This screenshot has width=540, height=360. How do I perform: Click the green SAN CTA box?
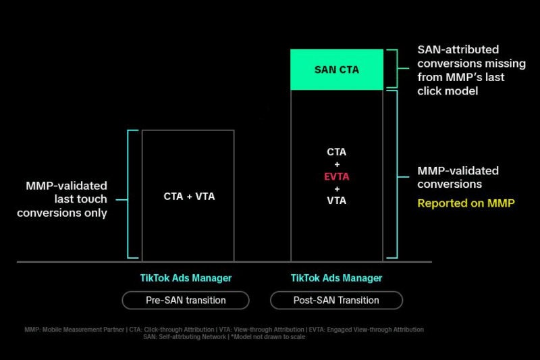coord(337,70)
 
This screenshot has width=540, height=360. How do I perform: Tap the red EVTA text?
coord(336,177)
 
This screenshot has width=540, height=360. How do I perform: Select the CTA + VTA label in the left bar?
coord(189,197)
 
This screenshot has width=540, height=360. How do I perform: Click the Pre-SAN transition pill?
coord(186,301)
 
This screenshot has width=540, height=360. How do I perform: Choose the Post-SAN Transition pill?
coord(336,301)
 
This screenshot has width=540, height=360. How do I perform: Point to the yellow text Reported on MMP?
coord(466,203)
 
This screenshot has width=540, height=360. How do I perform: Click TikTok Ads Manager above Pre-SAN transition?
coord(186,278)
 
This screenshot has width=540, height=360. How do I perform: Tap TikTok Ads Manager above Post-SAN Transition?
coord(336,278)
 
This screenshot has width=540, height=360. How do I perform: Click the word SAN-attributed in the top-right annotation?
coord(458,49)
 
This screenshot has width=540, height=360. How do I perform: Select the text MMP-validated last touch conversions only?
coord(62,199)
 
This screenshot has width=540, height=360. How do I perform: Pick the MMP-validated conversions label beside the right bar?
coord(458,178)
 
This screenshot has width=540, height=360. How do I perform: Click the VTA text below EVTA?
coord(336,201)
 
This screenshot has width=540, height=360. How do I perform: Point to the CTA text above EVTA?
coord(336,152)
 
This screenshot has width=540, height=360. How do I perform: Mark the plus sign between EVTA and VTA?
coord(337,189)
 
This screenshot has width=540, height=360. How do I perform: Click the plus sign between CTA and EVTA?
coord(337,164)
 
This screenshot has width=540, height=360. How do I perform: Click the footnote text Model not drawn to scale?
coord(268,337)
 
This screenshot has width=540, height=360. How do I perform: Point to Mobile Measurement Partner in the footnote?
coord(83,330)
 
